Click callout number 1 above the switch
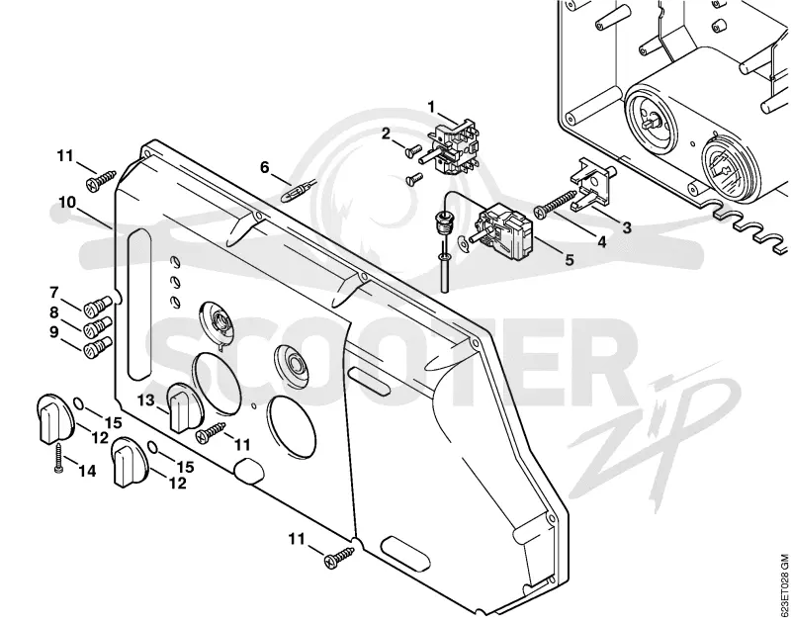tap(431, 107)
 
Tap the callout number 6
tap(265, 167)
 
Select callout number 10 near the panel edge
tap(67, 203)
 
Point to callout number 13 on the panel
tap(145, 400)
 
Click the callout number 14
tap(87, 471)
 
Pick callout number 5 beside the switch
tap(570, 260)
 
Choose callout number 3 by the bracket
tap(627, 227)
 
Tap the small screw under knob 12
tap(59, 457)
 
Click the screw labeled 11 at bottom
tap(340, 556)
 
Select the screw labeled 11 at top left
tap(101, 180)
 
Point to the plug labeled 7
tap(97, 306)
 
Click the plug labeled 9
tap(97, 347)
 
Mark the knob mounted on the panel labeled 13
tap(183, 407)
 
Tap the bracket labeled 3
tap(592, 185)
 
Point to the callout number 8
tap(54, 312)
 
